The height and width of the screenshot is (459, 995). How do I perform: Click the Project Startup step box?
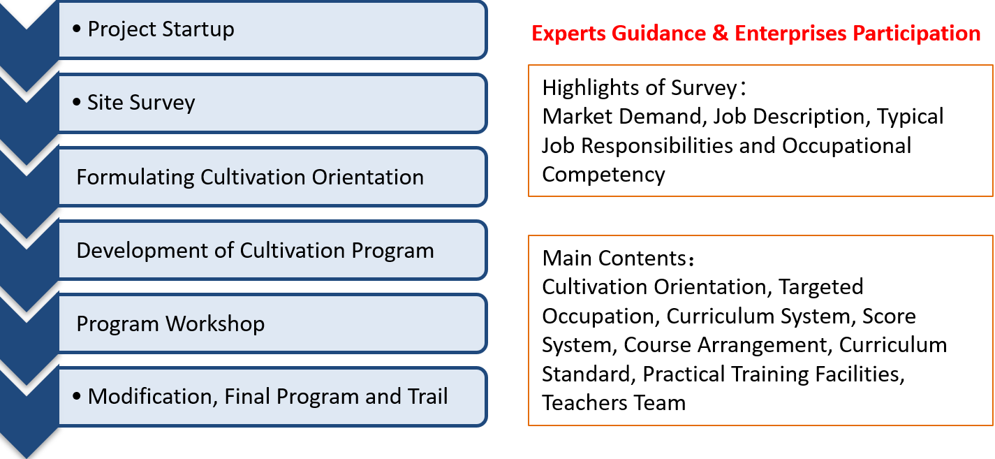273,30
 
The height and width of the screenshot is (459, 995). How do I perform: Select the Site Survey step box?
273,103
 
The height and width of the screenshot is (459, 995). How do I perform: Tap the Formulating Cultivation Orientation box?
273,177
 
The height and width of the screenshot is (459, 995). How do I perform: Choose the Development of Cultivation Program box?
273,250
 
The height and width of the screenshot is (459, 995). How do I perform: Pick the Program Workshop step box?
273,323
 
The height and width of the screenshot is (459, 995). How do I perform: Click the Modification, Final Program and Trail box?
273,397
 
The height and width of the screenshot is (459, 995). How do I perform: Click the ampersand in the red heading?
720,34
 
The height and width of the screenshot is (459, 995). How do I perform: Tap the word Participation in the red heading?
916,34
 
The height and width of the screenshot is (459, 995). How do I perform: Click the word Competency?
604,175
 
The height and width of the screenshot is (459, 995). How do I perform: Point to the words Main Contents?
614,258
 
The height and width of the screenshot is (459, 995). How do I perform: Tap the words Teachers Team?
614,403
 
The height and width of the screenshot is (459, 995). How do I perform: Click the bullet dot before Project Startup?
77,29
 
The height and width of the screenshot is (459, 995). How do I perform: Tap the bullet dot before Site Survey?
77,102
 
